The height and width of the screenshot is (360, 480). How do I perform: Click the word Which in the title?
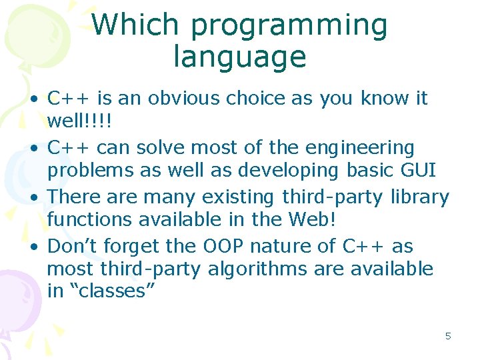pyautogui.click(x=136, y=25)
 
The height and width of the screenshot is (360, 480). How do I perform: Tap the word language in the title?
pyautogui.click(x=239, y=57)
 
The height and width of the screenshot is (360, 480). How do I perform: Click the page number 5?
pyautogui.click(x=448, y=336)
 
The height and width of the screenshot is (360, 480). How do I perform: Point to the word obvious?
pyautogui.click(x=183, y=99)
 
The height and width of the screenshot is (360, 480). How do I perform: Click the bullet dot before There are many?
pyautogui.click(x=33, y=198)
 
